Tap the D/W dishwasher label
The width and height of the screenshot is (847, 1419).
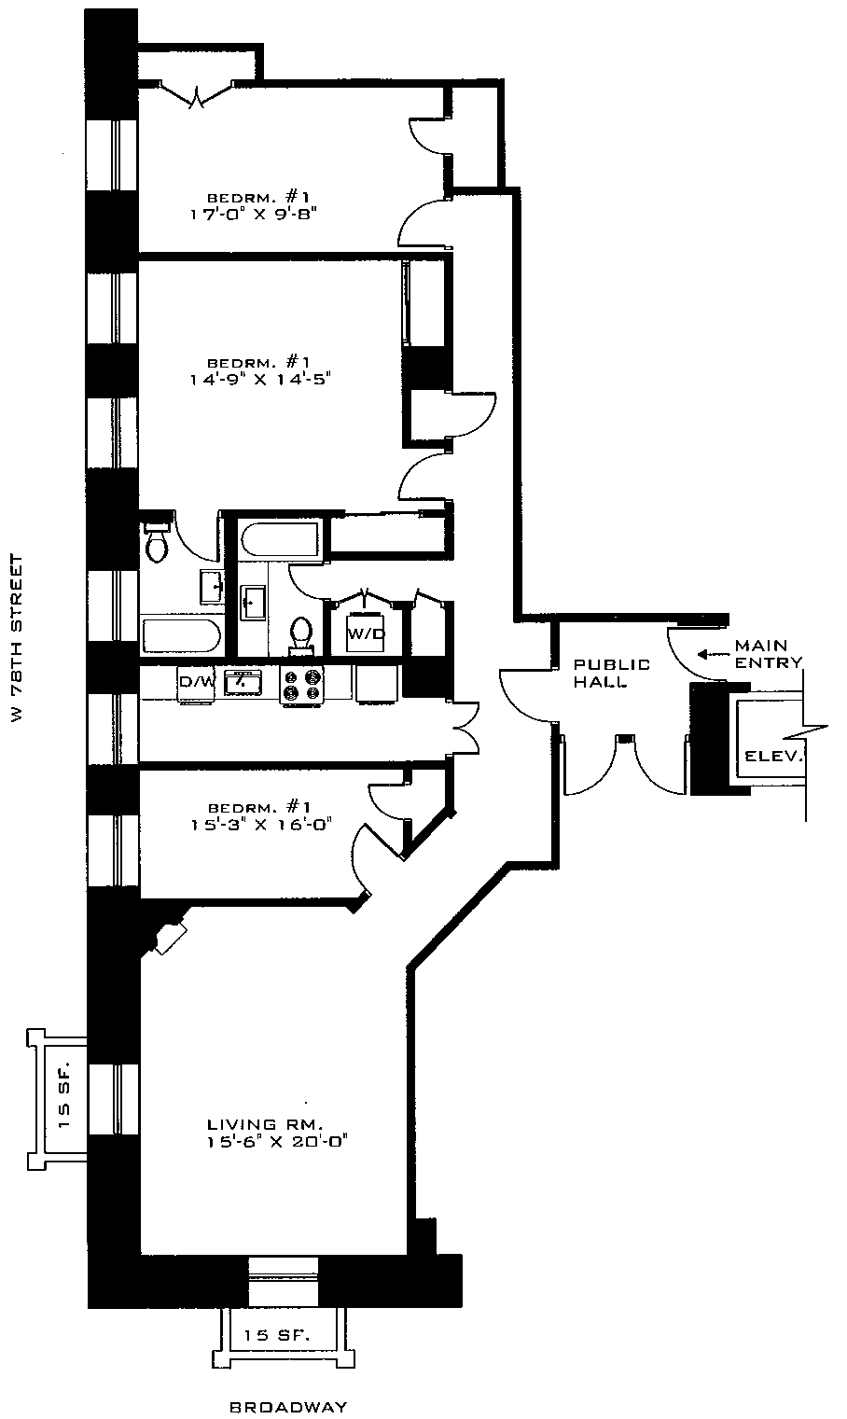196,682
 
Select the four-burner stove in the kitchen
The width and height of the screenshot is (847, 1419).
302,685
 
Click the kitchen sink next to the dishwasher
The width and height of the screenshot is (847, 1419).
241,681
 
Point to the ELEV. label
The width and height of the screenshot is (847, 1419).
773,757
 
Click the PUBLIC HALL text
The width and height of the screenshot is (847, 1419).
611,673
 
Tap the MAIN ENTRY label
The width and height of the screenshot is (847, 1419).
768,654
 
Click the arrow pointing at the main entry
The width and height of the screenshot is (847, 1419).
714,654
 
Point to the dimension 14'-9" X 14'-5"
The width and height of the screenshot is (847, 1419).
257,379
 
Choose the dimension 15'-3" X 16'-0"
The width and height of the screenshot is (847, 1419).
257,823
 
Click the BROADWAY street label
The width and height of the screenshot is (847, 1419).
287,1407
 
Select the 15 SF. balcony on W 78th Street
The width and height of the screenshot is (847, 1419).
64,1097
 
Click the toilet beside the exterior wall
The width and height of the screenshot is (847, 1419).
158,544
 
